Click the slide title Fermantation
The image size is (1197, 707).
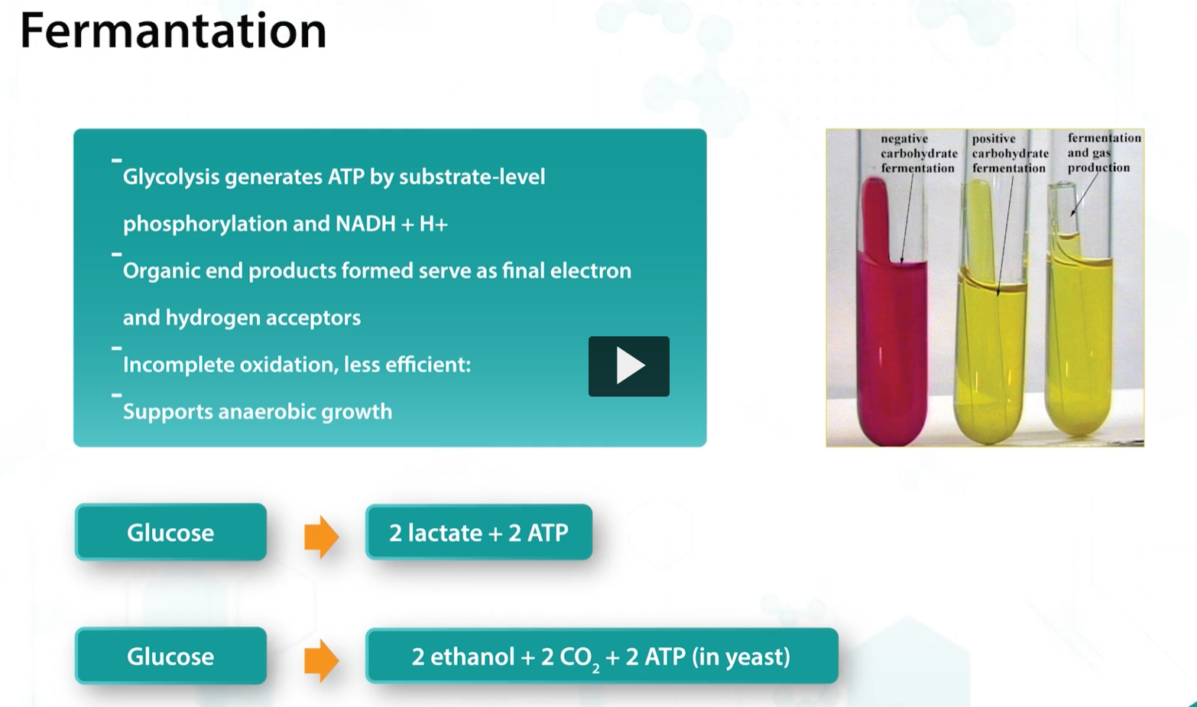pyautogui.click(x=173, y=32)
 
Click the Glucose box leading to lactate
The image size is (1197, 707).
pyautogui.click(x=170, y=533)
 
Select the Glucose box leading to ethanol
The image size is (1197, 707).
pyautogui.click(x=170, y=657)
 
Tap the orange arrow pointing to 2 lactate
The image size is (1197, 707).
pyautogui.click(x=321, y=537)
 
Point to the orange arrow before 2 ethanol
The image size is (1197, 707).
pyautogui.click(x=321, y=660)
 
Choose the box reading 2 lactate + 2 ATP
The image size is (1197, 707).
pyautogui.click(x=478, y=533)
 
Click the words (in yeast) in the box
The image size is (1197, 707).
pyautogui.click(x=741, y=657)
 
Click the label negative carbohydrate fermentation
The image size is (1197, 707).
pyautogui.click(x=918, y=154)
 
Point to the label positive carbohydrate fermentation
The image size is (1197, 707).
pyautogui.click(x=1009, y=154)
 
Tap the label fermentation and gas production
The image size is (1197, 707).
pyautogui.click(x=1103, y=152)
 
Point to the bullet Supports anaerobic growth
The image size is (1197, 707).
pyautogui.click(x=258, y=412)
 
